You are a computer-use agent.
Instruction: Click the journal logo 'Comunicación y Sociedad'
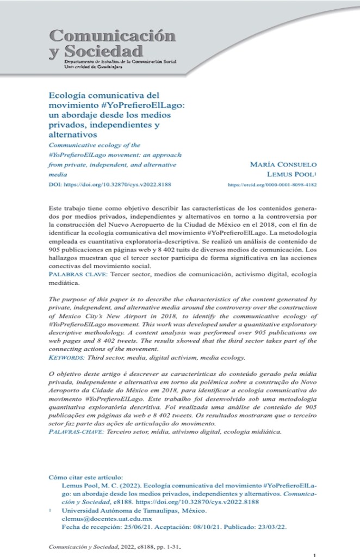[112, 44]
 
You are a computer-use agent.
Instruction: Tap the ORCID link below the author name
[272, 185]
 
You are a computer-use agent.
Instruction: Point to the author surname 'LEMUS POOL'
[291, 175]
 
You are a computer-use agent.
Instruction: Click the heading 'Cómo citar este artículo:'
[85, 476]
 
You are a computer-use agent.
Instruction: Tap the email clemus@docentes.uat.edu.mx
[99, 519]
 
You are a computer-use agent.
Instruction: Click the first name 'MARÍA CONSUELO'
[283, 164]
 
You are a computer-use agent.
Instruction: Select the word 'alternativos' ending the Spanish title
[73, 134]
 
